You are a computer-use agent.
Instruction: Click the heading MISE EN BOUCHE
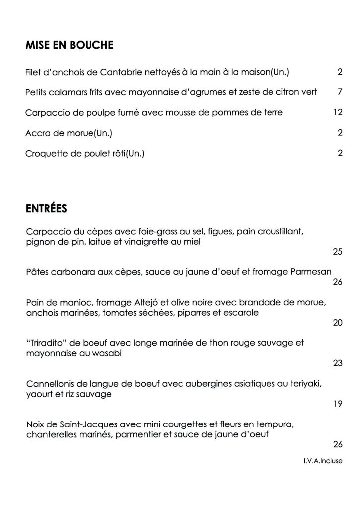70,46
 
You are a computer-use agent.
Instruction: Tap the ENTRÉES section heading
46,208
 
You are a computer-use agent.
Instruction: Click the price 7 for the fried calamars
340,92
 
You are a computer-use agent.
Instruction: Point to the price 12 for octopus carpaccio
338,112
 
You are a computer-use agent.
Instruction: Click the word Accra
37,133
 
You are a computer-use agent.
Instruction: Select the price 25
338,252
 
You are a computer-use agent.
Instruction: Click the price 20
338,323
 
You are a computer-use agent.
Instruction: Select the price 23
338,363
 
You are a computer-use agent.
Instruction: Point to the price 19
338,404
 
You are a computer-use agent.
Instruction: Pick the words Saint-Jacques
73,424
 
